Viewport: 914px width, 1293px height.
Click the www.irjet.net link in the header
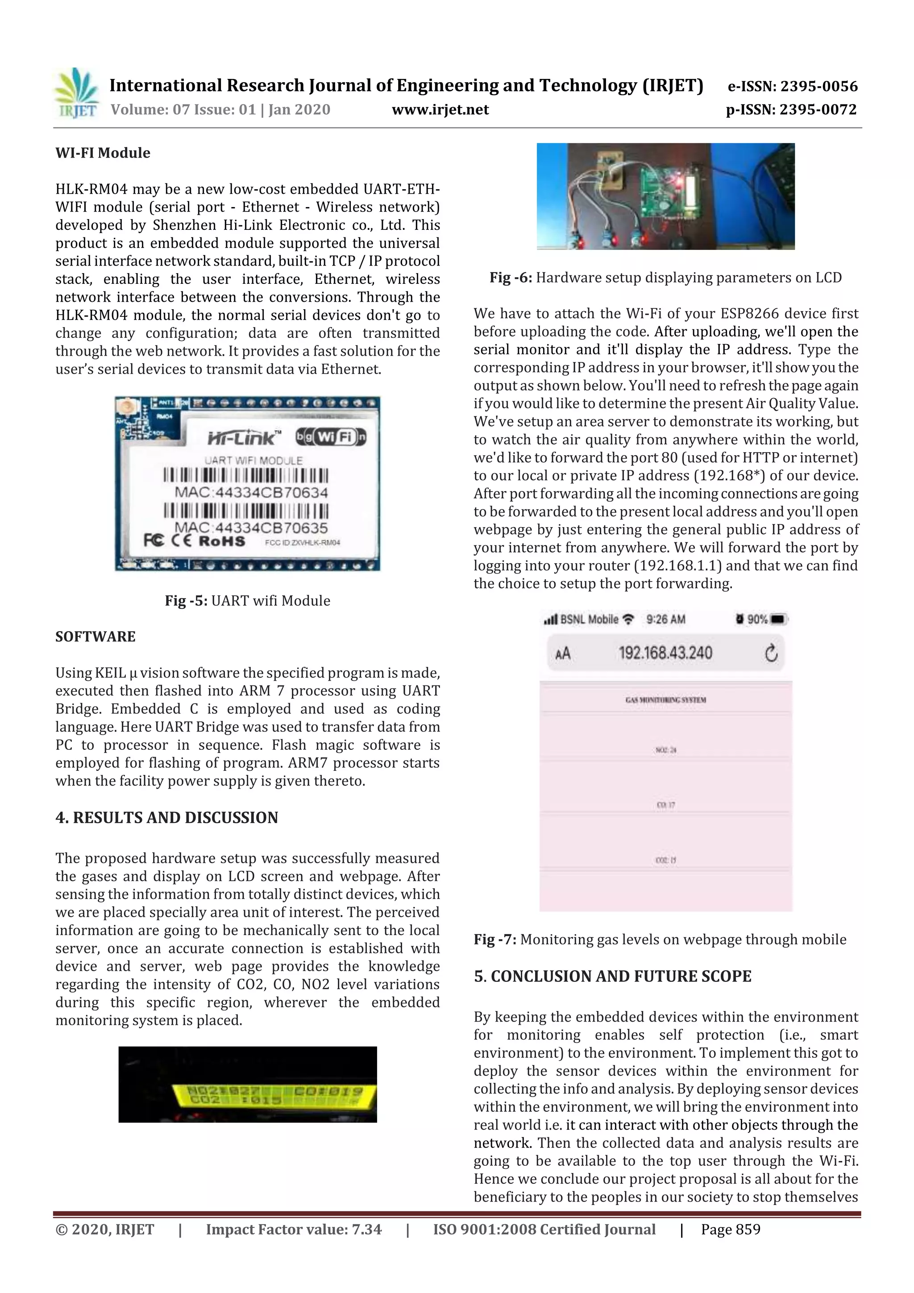[x=440, y=109]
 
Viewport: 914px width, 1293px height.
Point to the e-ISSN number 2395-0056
[x=818, y=86]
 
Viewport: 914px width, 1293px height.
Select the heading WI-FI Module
[x=103, y=153]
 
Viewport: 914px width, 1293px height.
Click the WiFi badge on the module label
[x=331, y=437]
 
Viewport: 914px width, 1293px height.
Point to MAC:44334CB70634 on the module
[x=251, y=492]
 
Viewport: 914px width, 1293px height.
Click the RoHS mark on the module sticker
[x=222, y=541]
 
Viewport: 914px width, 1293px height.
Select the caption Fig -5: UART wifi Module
[x=247, y=600]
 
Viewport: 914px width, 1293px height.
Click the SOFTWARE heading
[x=95, y=636]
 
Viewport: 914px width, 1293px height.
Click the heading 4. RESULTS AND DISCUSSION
[x=167, y=818]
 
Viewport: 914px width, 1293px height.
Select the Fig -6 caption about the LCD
[x=665, y=278]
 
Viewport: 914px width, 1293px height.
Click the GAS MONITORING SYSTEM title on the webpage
[x=665, y=699]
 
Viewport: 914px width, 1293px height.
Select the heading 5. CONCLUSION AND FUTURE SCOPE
[x=612, y=976]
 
